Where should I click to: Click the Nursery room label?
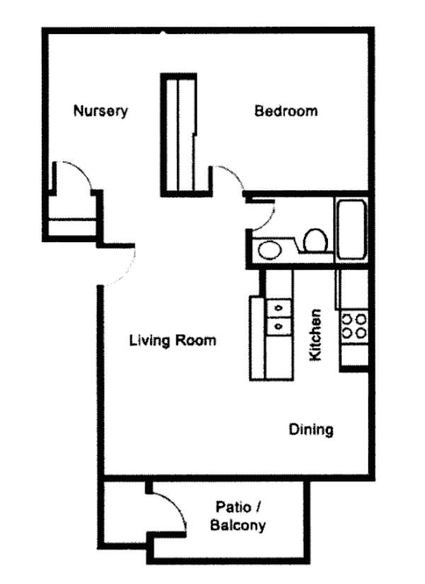pos(101,111)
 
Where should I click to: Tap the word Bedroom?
pos(286,111)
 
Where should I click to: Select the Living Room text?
pos(172,340)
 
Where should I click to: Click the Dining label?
pos(311,429)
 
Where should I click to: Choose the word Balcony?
pos(238,526)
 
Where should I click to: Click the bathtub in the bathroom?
pos(352,230)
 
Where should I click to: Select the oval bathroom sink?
pos(269,249)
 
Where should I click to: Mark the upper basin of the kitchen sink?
pos(279,308)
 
